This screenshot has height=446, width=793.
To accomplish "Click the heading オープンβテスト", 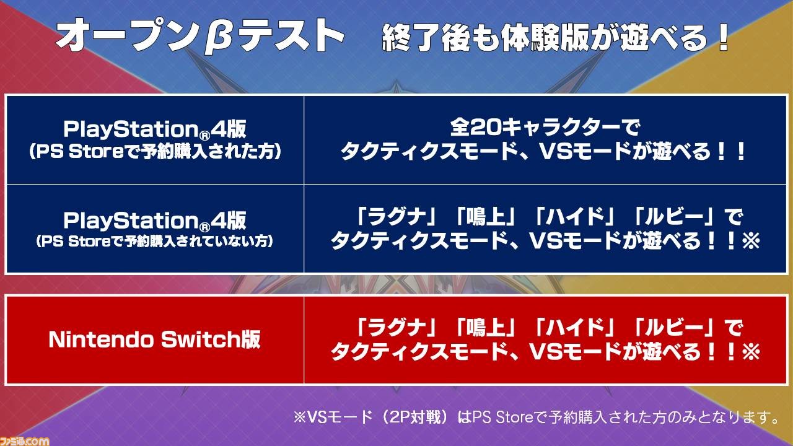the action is pyautogui.click(x=200, y=37).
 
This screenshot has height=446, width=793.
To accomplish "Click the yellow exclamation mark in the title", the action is pyautogui.click(x=720, y=37).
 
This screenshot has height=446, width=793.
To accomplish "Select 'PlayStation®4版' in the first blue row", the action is pyautogui.click(x=155, y=129).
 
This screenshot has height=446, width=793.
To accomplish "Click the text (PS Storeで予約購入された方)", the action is pyautogui.click(x=155, y=152).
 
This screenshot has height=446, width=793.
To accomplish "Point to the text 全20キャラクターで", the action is pyautogui.click(x=545, y=128).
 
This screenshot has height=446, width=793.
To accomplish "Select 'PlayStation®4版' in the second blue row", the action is pyautogui.click(x=155, y=221).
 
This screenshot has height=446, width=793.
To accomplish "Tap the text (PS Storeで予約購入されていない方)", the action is pyautogui.click(x=155, y=242).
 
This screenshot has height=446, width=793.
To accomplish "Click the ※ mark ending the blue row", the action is pyautogui.click(x=751, y=242).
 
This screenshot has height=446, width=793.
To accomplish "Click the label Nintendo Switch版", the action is pyautogui.click(x=155, y=339).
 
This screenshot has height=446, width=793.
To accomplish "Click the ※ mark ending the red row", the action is pyautogui.click(x=751, y=352).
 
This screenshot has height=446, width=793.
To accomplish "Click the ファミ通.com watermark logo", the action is pyautogui.click(x=24, y=440).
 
